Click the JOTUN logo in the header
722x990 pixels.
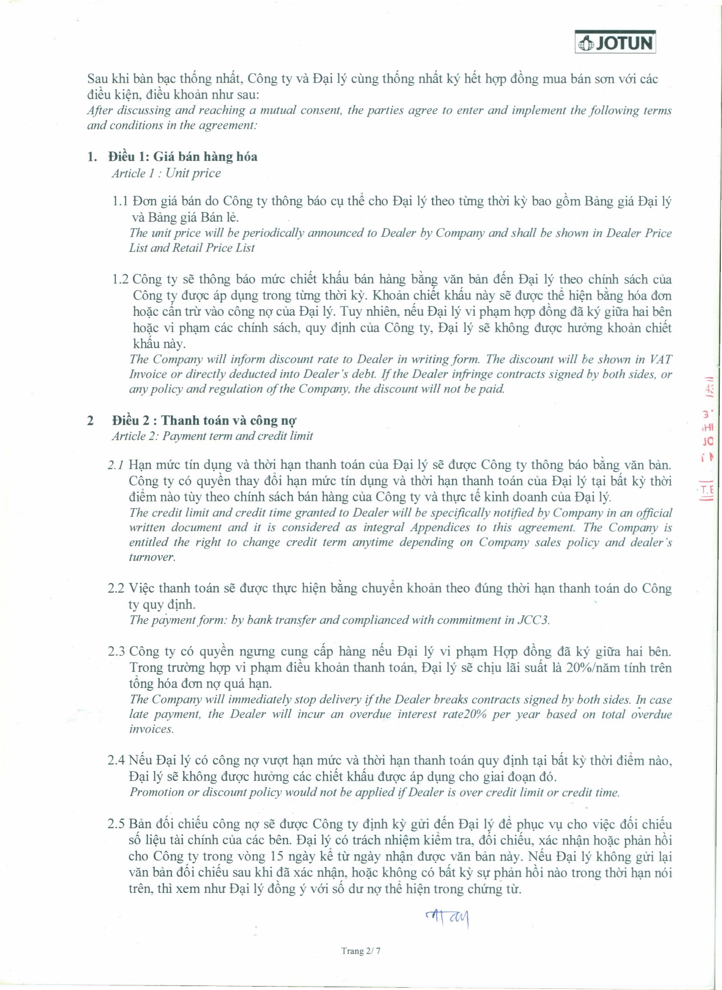point(615,43)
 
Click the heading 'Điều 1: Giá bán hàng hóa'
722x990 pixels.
point(183,156)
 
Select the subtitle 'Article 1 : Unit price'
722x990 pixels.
point(166,173)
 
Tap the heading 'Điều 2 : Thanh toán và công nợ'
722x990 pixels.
point(204,421)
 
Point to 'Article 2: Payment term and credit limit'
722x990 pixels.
point(212,436)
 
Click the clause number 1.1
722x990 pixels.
point(120,201)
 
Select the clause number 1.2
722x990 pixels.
point(120,279)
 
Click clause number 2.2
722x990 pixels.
point(116,588)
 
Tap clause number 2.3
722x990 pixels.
point(116,652)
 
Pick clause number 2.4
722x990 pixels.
point(116,761)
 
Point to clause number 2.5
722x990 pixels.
point(116,824)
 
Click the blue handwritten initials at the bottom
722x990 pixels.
point(448,918)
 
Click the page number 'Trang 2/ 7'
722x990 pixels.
point(361,951)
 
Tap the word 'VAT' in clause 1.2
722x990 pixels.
point(660,360)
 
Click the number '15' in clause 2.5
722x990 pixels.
point(276,857)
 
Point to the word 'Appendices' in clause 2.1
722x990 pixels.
point(440,527)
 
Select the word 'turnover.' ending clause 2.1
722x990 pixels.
point(152,557)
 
